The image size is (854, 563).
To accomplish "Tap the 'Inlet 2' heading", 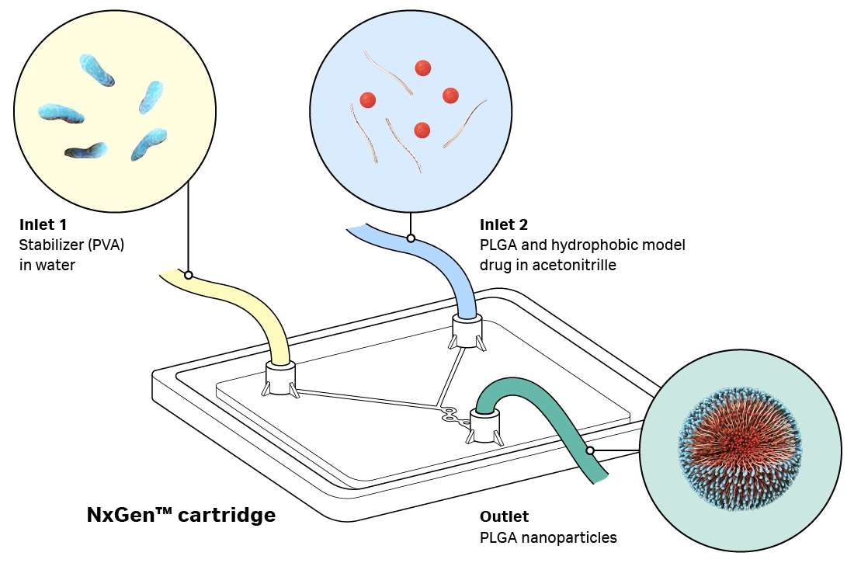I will point(503,225).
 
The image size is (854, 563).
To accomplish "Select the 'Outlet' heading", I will point(504,516).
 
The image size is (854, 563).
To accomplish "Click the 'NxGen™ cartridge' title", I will point(181,515).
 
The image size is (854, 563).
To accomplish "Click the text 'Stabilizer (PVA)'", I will point(71,245).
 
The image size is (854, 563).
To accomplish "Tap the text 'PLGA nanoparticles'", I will point(548,537).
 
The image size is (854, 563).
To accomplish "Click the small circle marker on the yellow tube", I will point(188,275).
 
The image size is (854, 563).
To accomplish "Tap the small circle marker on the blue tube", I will point(411,238).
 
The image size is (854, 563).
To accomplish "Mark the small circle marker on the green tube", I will point(590,450).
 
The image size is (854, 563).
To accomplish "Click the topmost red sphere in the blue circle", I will point(422,68).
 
